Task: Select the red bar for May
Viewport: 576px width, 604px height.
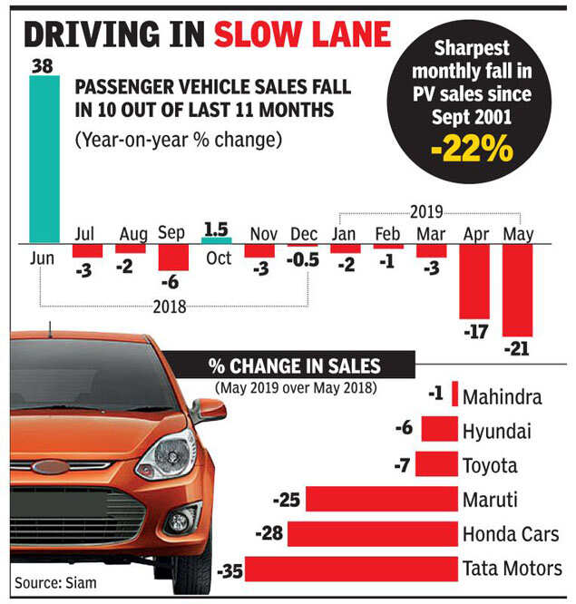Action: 517,290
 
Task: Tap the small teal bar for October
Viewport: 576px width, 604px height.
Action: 215,240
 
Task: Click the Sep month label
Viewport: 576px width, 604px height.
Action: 171,233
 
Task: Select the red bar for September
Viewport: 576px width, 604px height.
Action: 172,258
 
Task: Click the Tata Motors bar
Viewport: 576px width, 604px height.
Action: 351,569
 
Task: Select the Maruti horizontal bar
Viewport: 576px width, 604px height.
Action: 381,500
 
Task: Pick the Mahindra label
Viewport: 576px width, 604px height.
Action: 502,396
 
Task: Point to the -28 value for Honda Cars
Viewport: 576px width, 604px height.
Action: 270,534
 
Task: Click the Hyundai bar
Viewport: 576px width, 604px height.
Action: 439,430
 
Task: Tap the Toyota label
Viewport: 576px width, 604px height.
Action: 490,465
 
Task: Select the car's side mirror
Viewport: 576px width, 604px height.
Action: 208,410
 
